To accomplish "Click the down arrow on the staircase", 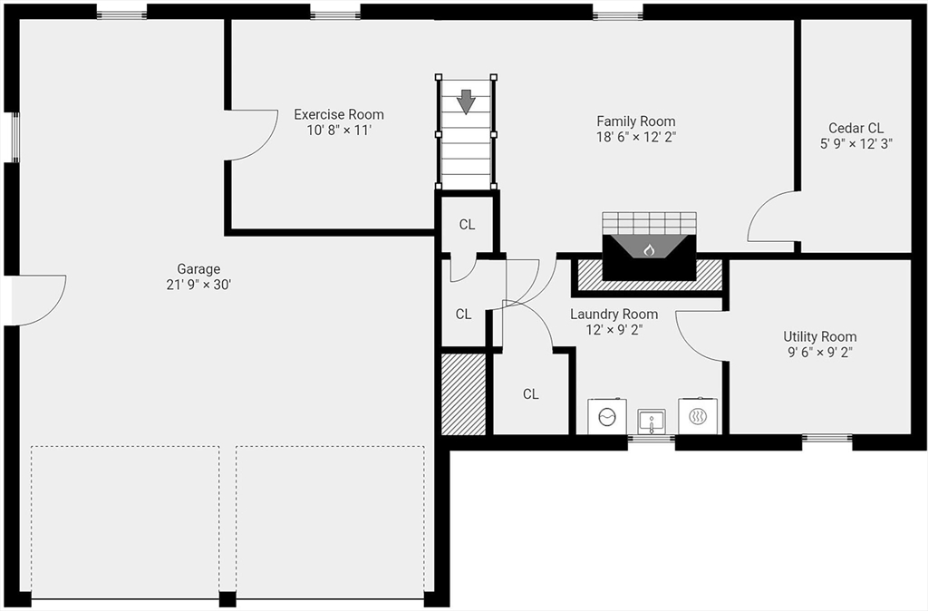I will click(466, 100).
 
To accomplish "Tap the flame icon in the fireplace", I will click(648, 248).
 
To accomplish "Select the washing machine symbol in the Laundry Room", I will click(606, 416).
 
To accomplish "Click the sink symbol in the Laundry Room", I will click(651, 420).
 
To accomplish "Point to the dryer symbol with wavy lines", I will click(699, 416).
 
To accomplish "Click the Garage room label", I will click(198, 269).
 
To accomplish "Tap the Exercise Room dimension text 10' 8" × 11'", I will click(339, 130).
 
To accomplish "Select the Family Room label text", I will click(635, 121).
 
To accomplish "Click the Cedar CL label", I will click(855, 129).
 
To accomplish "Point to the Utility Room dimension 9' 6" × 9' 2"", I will click(819, 352).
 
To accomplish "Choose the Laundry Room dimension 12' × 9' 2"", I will click(614, 330).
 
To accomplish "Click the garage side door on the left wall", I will click(41, 299).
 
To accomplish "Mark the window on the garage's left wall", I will click(13, 138).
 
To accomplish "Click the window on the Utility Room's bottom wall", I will click(826, 440).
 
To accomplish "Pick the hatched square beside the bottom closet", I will click(463, 393).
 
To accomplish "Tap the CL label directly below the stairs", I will click(467, 225).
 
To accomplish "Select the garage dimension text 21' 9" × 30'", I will click(198, 285).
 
